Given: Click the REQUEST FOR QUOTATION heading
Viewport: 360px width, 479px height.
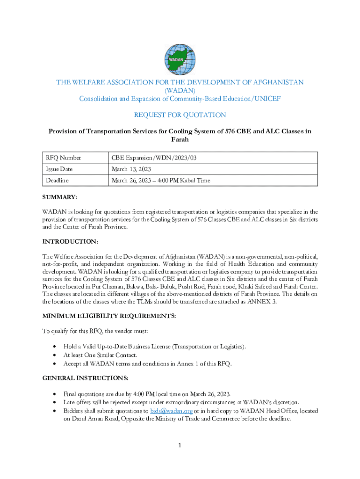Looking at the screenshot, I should click(x=180, y=115).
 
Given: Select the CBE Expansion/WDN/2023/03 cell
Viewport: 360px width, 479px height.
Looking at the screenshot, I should click(x=154, y=158).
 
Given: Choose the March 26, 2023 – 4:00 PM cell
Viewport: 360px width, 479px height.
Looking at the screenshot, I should click(x=160, y=180).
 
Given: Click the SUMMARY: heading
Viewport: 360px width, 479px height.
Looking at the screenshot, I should click(x=60, y=198).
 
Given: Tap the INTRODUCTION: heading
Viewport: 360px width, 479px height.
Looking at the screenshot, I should click(x=70, y=241).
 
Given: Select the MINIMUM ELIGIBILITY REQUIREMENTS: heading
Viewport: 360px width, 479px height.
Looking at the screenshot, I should click(x=109, y=316).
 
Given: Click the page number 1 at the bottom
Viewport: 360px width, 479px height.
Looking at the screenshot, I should click(x=180, y=446).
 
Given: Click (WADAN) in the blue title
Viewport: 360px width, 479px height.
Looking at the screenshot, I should click(x=180, y=90).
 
